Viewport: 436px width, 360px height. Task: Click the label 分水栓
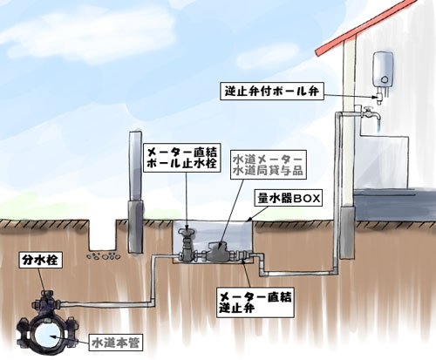[x=40, y=260]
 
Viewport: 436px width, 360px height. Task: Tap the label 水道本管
[x=116, y=343]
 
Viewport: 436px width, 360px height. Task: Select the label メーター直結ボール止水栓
[x=182, y=157]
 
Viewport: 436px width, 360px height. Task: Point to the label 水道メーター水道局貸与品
[x=269, y=165]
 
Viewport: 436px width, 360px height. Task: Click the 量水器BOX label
[x=289, y=199]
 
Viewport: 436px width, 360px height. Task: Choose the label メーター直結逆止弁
[x=255, y=302]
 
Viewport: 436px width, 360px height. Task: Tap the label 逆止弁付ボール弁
[x=272, y=91]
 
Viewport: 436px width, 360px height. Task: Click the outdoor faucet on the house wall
[x=370, y=114]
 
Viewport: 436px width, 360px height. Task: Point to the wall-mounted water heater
[x=384, y=69]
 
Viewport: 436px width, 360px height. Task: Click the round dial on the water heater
[x=385, y=79]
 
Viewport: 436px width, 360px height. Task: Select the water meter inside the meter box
[x=219, y=252]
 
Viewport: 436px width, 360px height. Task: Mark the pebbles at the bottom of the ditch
[x=103, y=256]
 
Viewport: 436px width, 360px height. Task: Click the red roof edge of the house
[x=366, y=28]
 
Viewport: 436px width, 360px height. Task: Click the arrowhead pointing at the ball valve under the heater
[x=374, y=98]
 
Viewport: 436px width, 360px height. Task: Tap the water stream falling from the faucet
[x=378, y=126]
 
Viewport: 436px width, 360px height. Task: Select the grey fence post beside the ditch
[x=135, y=192]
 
